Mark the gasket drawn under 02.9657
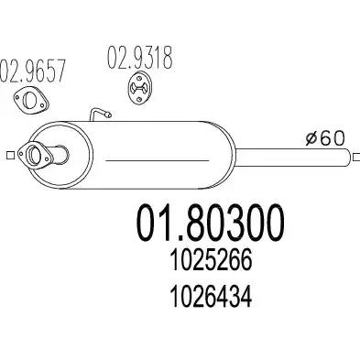(x=36, y=102)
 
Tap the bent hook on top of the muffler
(x=99, y=115)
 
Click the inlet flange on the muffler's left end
(x=38, y=156)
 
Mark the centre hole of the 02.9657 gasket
(x=36, y=102)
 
